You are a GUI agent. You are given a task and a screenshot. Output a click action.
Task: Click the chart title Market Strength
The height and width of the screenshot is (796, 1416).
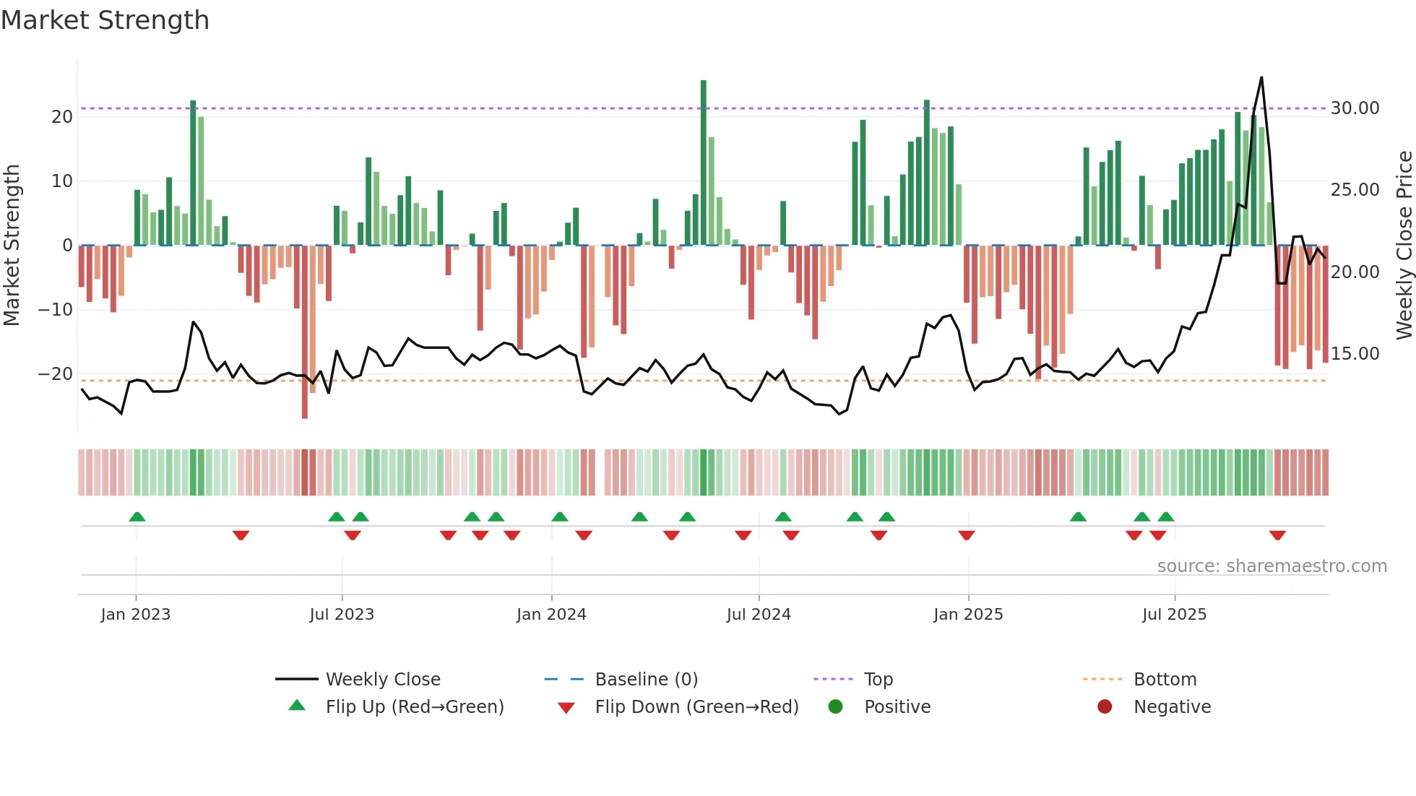pos(105,20)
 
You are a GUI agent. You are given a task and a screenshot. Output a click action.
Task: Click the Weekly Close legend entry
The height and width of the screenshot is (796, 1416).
pos(382,679)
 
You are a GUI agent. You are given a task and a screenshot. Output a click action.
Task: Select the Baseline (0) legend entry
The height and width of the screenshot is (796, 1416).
pos(646,679)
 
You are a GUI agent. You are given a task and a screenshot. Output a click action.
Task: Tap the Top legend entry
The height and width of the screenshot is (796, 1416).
pos(878,679)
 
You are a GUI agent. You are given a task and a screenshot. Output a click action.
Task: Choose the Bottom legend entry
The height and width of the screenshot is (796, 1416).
pos(1165,679)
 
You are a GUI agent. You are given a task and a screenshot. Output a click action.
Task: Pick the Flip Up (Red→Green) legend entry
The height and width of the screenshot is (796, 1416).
pos(414,706)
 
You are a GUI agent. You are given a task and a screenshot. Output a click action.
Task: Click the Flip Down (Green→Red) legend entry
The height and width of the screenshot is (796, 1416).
pos(696,706)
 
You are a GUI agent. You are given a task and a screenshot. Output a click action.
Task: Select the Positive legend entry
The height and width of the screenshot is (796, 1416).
pos(897,706)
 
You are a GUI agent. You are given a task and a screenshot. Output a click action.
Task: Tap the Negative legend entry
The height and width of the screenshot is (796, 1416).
pos(1171,706)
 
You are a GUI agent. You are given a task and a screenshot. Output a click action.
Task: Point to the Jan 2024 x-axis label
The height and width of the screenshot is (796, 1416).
pos(551,614)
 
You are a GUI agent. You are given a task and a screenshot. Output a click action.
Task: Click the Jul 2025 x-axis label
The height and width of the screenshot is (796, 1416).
pos(1174,614)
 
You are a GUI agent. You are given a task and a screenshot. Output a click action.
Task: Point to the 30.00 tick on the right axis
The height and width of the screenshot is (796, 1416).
pos(1355,108)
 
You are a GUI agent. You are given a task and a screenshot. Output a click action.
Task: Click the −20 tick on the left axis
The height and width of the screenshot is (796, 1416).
pos(56,374)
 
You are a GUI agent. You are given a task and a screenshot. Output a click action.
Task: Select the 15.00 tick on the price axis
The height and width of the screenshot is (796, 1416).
pos(1355,354)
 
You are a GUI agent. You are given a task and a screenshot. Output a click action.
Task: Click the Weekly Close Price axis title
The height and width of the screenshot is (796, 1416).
pos(1404,246)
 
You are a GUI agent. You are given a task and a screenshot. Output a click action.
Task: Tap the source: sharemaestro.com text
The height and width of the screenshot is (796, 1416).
pos(1272,566)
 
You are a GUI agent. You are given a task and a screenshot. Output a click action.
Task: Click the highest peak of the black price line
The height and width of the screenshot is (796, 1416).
pos(1261,77)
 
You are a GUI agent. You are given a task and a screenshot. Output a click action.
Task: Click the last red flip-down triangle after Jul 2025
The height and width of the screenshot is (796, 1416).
pos(1277,535)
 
